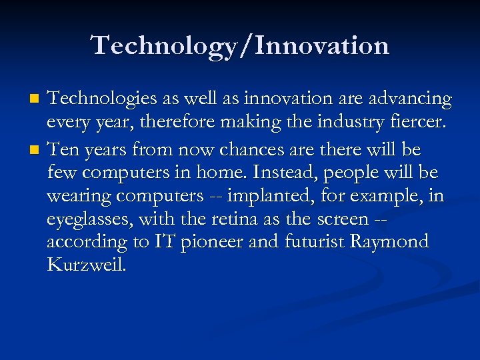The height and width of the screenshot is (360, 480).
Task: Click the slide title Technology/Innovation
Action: (240, 45)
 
